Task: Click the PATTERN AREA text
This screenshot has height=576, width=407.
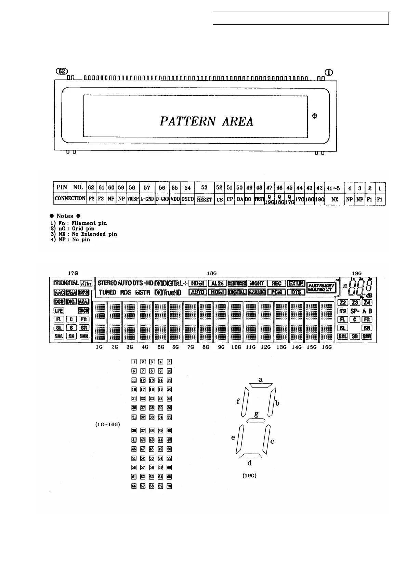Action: [x=207, y=121]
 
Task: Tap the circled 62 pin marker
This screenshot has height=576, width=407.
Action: [x=62, y=71]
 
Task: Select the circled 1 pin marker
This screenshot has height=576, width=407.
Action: [x=328, y=72]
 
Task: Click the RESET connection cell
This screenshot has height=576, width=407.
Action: [x=204, y=199]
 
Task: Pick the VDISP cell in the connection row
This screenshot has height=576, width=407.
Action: [x=132, y=199]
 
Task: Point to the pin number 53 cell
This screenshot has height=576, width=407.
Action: [x=204, y=187]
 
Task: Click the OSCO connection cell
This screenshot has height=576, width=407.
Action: [x=187, y=199]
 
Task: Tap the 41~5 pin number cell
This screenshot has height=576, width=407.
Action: [x=334, y=188]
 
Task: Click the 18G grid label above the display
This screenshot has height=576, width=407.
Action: [x=212, y=273]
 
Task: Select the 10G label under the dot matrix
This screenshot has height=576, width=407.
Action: [x=236, y=347]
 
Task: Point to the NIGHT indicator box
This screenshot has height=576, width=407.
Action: [x=257, y=283]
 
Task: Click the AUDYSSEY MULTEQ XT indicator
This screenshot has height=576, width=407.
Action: [x=321, y=287]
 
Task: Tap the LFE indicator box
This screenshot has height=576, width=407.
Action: [x=59, y=311]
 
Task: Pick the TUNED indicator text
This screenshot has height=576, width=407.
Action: [x=107, y=292]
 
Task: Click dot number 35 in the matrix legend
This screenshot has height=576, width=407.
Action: [x=169, y=417]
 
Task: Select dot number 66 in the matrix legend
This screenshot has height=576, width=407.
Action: [x=134, y=486]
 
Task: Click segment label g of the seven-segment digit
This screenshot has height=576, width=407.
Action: [x=256, y=414]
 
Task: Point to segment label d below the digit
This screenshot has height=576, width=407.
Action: [x=250, y=463]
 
